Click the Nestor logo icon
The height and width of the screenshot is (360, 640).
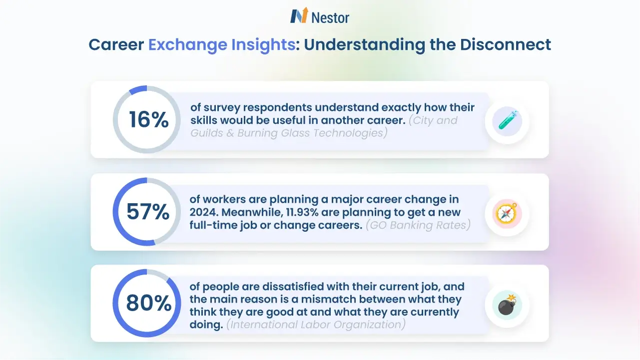pyautogui.click(x=299, y=16)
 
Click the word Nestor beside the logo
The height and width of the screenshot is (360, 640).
pyautogui.click(x=330, y=17)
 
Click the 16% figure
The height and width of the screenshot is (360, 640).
pyautogui.click(x=148, y=120)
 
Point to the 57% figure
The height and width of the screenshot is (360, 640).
pyautogui.click(x=148, y=212)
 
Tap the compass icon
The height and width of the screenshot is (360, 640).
pyautogui.click(x=507, y=213)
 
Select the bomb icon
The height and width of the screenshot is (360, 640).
pyautogui.click(x=507, y=305)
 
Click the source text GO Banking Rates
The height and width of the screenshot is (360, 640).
pyautogui.click(x=418, y=225)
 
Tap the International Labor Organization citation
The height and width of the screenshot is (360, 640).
pyautogui.click(x=316, y=325)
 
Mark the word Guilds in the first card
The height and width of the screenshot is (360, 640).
pyautogui.click(x=205, y=133)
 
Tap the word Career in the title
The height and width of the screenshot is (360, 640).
pyautogui.click(x=116, y=44)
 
